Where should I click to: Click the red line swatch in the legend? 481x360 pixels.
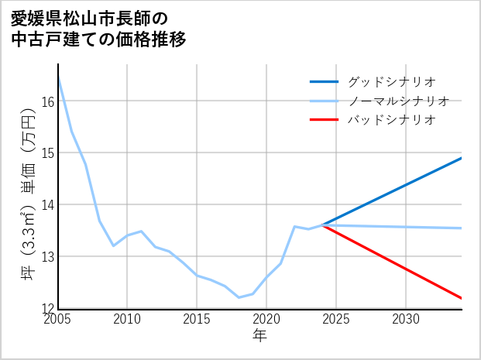[x=324, y=120]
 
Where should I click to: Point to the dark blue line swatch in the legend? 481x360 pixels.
[x=324, y=81]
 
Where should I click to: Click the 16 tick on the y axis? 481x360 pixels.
[x=47, y=101]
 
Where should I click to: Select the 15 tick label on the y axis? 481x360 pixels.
[x=47, y=153]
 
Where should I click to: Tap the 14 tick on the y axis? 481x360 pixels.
[x=47, y=205]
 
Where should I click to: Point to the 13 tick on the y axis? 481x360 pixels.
[x=47, y=256]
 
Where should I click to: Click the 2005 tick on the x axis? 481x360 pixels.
[x=58, y=319]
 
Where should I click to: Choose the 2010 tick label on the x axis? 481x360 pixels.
[x=127, y=319]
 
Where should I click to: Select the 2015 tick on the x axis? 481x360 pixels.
[x=197, y=319]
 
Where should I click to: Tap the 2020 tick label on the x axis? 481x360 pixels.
[x=266, y=319]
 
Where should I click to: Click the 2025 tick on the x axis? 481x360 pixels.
[x=336, y=319]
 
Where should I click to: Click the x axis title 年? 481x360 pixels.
[x=259, y=335]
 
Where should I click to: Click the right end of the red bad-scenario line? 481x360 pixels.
[x=461, y=298]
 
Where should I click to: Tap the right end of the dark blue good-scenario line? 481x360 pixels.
[x=461, y=158]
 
